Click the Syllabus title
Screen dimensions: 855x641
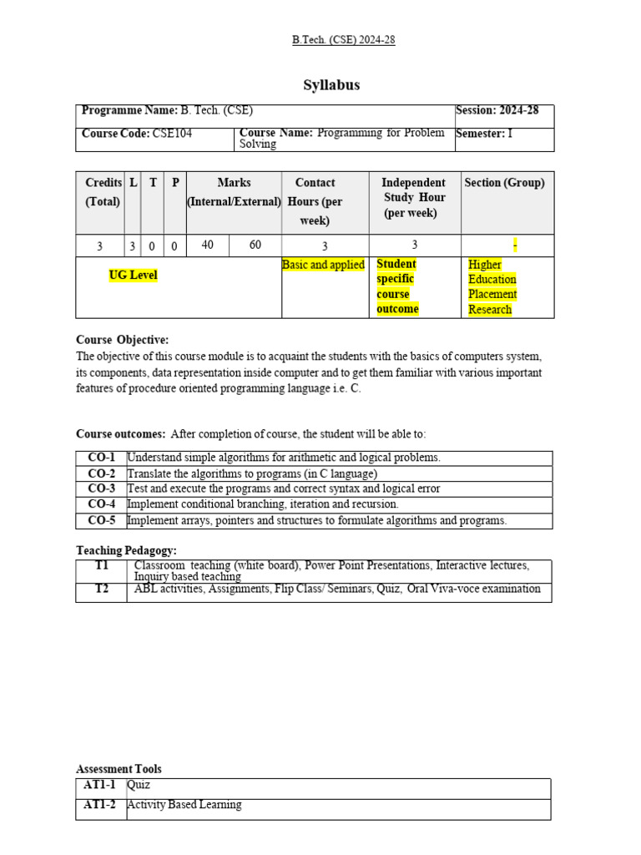click(331, 85)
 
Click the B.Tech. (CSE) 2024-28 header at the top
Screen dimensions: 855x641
click(343, 40)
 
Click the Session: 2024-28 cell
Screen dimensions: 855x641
click(498, 111)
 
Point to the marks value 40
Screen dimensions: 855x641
click(208, 245)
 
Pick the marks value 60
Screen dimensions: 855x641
click(255, 245)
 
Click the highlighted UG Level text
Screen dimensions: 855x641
click(133, 276)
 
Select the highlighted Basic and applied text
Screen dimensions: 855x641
click(323, 265)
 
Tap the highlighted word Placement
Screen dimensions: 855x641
click(492, 294)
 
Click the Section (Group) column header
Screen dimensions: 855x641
click(504, 183)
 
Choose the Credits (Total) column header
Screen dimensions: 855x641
click(103, 192)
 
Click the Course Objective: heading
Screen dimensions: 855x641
click(122, 340)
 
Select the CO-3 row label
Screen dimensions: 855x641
click(101, 488)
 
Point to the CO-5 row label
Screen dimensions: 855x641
click(101, 520)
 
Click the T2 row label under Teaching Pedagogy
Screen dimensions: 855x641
click(101, 589)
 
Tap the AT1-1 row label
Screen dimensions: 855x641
click(100, 786)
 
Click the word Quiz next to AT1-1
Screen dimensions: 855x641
click(139, 786)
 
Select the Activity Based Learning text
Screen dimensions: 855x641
click(184, 805)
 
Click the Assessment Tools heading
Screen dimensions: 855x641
click(119, 769)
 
